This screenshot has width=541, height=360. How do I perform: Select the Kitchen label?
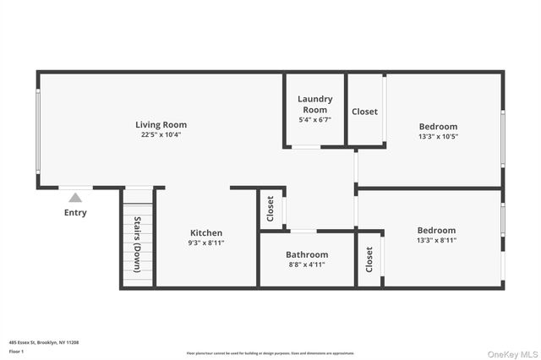coord(206,232)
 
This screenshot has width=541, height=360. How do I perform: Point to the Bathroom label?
coord(306,254)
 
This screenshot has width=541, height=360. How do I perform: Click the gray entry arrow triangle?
coord(75,198)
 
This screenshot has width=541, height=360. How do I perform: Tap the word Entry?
coord(75,213)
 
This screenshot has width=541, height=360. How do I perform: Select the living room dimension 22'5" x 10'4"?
coord(161,135)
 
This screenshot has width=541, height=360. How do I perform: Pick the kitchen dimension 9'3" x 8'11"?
coord(206,243)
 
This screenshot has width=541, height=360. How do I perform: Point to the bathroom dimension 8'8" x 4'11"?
coord(306,265)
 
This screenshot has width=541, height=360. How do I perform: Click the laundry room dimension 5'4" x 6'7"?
coord(314,120)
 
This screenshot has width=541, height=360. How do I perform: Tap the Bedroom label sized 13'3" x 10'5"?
coord(437,127)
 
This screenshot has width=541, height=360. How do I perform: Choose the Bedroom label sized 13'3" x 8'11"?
coord(435,230)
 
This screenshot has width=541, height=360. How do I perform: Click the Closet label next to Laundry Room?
coord(364,112)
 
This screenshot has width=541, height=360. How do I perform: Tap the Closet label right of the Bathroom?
coord(369,259)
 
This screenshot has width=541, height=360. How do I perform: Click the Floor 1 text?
coord(16,351)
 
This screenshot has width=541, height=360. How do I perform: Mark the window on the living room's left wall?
coord(37,131)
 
